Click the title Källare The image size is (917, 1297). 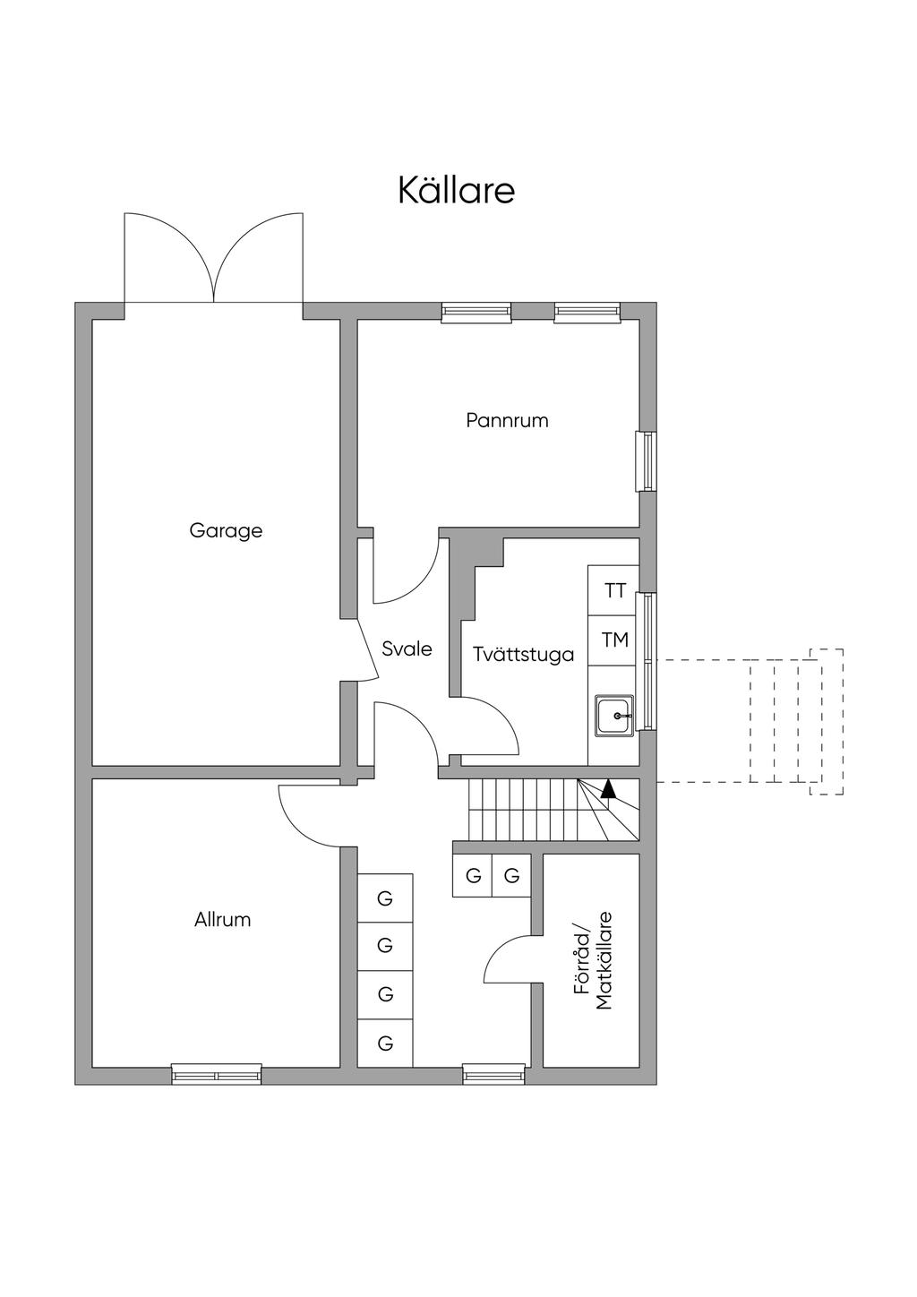pyautogui.click(x=457, y=191)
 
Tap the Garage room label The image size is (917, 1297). pyautogui.click(x=226, y=530)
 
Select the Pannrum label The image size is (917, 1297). pyautogui.click(x=507, y=420)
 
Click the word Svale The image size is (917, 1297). pyautogui.click(x=407, y=648)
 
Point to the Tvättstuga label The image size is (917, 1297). pyautogui.click(x=523, y=654)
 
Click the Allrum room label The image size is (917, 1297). pyautogui.click(x=222, y=919)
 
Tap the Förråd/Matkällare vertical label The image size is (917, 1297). pyautogui.click(x=593, y=961)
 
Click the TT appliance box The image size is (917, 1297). pyautogui.click(x=614, y=590)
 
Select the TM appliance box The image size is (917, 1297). pyautogui.click(x=614, y=640)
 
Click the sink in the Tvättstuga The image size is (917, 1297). pyautogui.click(x=615, y=716)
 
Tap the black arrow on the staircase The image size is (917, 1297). pyautogui.click(x=608, y=788)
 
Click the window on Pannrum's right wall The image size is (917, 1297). pyautogui.click(x=646, y=461)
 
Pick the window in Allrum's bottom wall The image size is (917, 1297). pyautogui.click(x=217, y=1073)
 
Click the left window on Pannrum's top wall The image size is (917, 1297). pyautogui.click(x=476, y=312)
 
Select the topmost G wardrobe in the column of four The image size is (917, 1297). pyautogui.click(x=385, y=898)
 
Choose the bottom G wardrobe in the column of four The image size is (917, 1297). pyautogui.click(x=385, y=1043)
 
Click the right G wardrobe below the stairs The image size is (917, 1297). pyautogui.click(x=511, y=875)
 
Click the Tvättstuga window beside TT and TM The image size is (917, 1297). pyautogui.click(x=650, y=660)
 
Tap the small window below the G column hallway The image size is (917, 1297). pyautogui.click(x=493, y=1073)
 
